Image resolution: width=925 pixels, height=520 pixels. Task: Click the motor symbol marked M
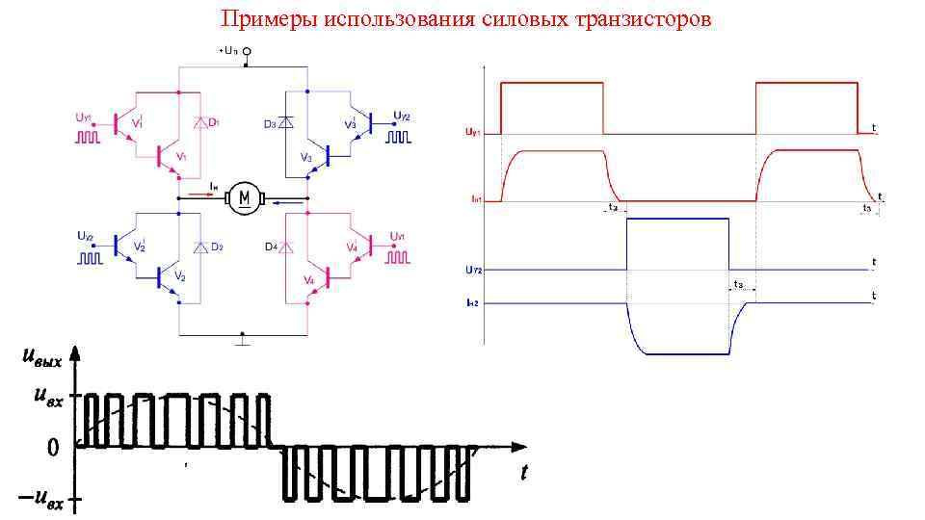coord(244,199)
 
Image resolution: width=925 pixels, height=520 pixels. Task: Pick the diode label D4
coord(271,247)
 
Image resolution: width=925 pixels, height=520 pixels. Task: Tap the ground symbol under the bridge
coord(244,339)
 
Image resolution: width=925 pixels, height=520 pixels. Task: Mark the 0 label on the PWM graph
coord(53,447)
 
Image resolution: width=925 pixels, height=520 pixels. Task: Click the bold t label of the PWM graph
coord(524,473)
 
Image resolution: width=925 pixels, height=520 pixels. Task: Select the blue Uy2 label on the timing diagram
coord(473,271)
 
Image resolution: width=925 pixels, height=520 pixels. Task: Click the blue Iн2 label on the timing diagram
coord(473,303)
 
